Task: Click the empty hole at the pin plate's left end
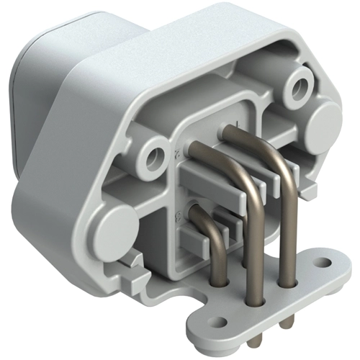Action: click(214, 316)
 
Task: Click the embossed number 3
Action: click(177, 212)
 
